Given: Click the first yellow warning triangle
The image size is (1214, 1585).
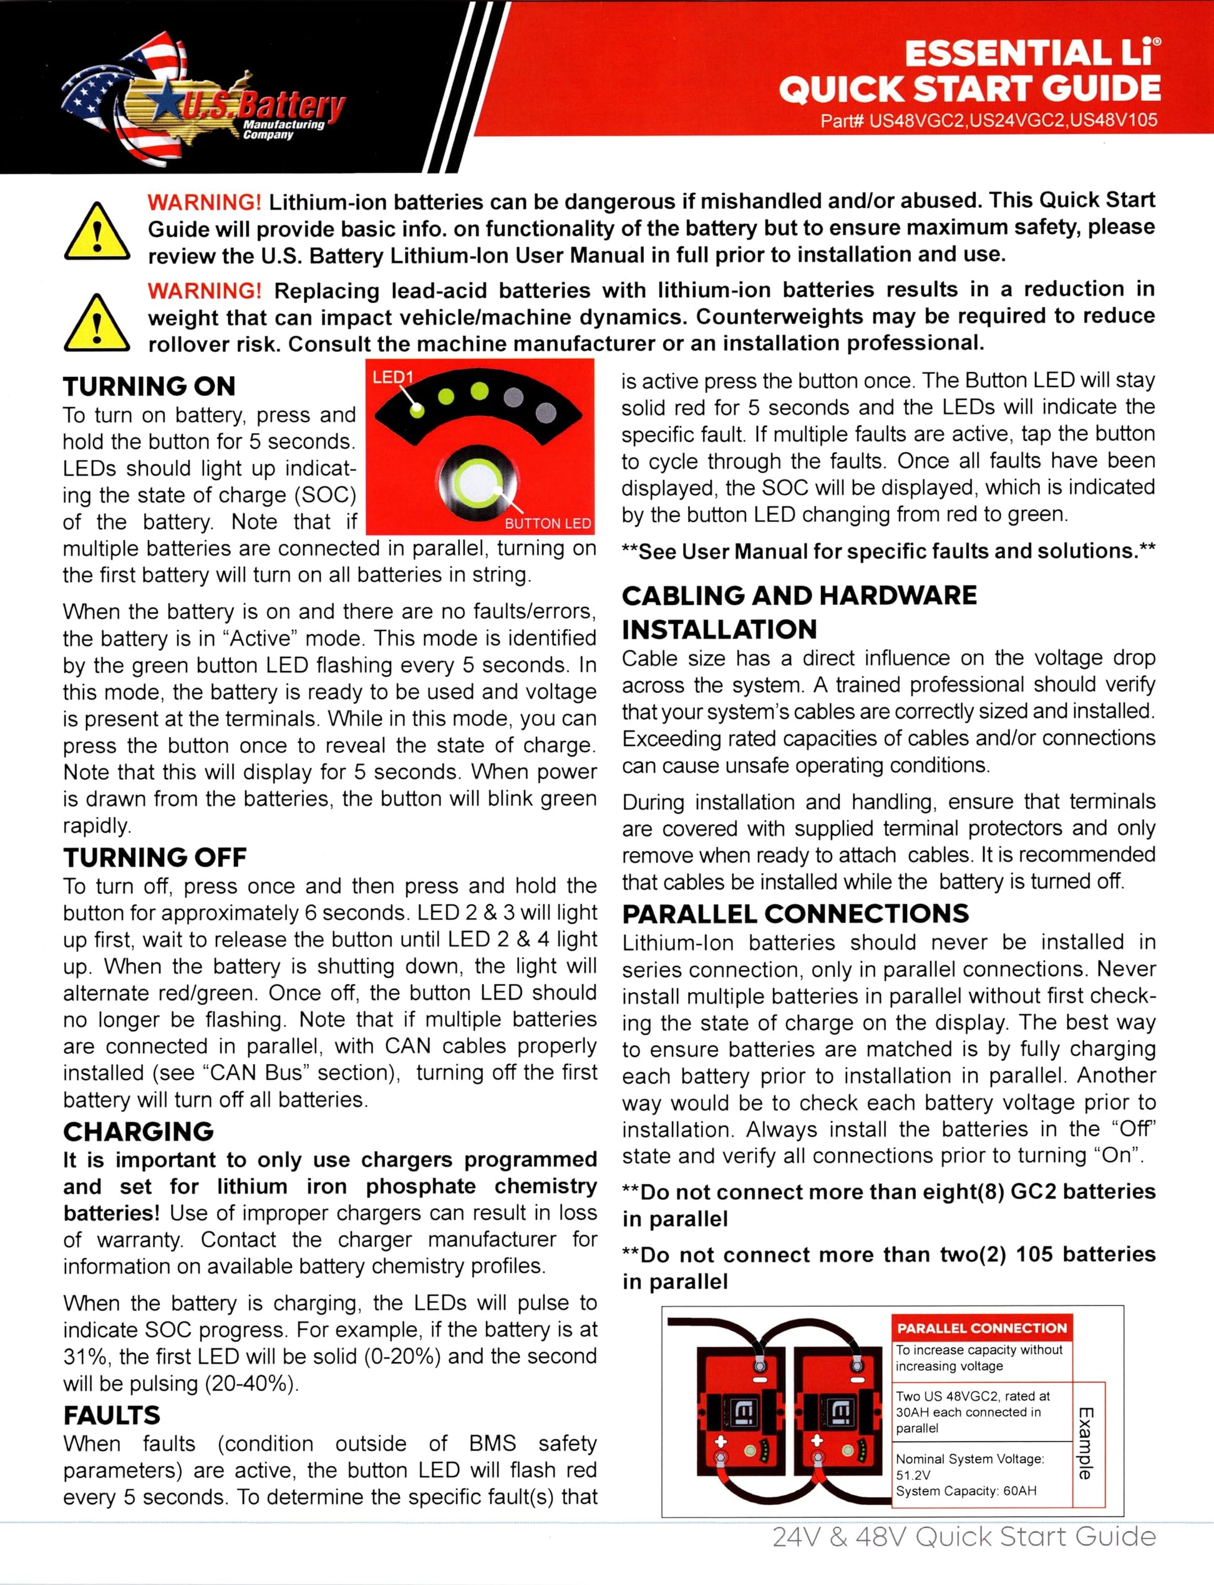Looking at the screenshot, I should (x=97, y=232).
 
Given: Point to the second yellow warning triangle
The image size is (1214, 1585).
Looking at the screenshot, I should (x=97, y=323).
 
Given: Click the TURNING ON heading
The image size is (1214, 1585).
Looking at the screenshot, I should (x=149, y=386).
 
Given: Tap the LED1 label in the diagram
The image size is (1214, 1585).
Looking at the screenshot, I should (x=392, y=376).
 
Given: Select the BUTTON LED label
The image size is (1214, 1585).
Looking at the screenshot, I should (x=547, y=523).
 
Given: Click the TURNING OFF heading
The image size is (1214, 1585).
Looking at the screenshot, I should (x=155, y=858).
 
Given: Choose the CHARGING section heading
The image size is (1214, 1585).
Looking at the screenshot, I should (x=138, y=1132).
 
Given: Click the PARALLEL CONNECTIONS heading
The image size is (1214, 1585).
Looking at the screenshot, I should (x=795, y=914).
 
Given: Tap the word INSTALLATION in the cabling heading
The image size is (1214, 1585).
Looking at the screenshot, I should (x=719, y=630).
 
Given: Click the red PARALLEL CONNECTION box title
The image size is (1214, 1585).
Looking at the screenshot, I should (x=981, y=1328).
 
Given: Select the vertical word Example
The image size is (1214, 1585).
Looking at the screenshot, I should (x=1086, y=1443).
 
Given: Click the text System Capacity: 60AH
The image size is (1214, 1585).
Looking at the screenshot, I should (x=966, y=1491).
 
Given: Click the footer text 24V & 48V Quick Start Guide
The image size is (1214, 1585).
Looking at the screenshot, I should (x=963, y=1536).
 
